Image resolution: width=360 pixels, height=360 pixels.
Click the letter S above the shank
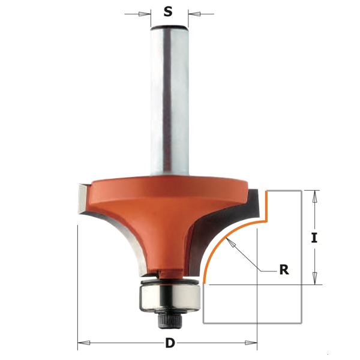pyautogui.click(x=169, y=11)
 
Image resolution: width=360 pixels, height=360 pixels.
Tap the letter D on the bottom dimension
pyautogui.click(x=170, y=344)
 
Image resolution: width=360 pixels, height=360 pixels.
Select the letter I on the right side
pyautogui.click(x=314, y=238)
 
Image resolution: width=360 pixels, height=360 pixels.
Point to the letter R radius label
pyautogui.click(x=284, y=269)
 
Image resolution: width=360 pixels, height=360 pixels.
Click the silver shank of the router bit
pyautogui.click(x=169, y=96)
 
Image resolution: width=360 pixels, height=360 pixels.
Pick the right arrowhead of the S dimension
pyautogui.click(x=193, y=13)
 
